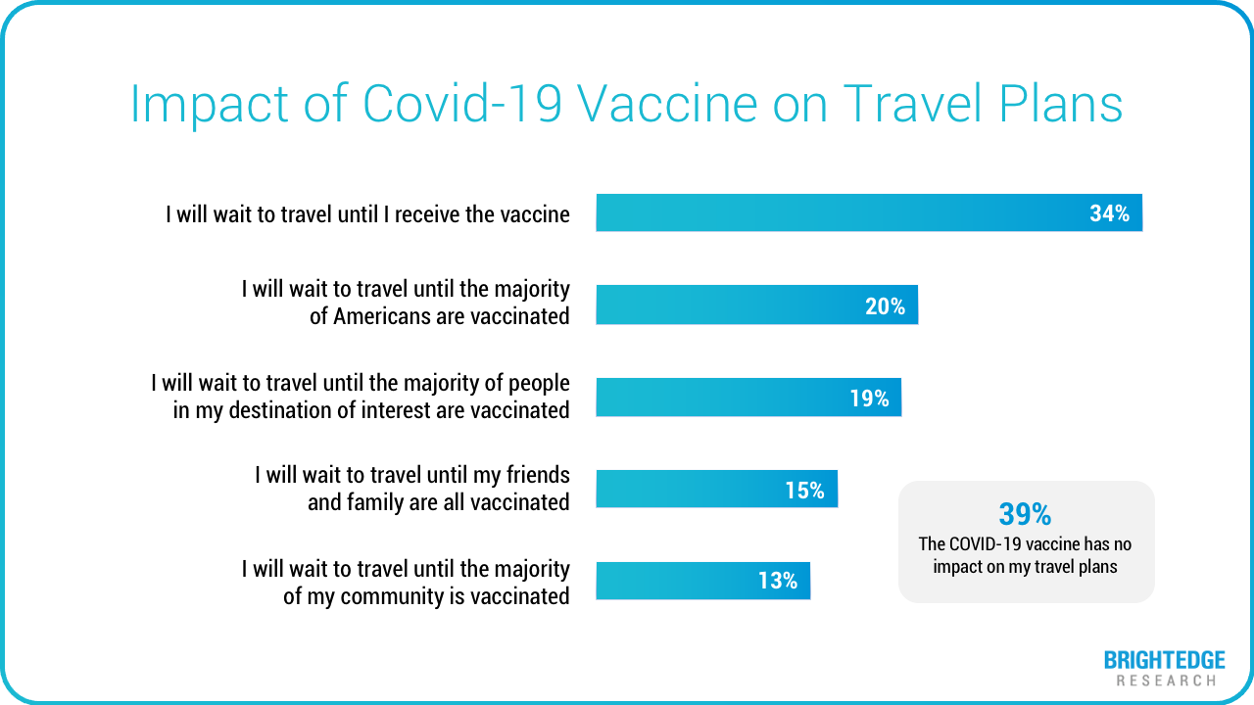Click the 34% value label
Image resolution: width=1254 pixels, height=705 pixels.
pos(1109,213)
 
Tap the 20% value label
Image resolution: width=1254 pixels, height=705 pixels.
pos(885,306)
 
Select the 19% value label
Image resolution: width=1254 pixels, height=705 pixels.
pos(869,399)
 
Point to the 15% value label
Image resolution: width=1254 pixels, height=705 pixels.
pos(804,491)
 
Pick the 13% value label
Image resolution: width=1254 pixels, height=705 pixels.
pos(778,581)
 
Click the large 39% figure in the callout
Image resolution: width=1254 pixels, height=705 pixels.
pos(1025,514)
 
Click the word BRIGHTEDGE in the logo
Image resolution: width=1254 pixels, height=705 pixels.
pos(1164,661)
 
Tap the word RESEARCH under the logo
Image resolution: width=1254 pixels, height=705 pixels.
pos(1166,680)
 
